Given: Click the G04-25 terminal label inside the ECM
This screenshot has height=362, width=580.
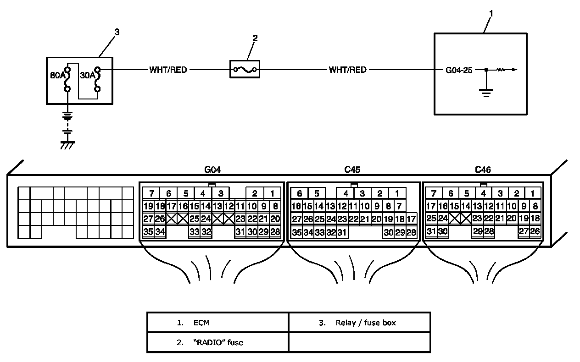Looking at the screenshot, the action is (459, 70).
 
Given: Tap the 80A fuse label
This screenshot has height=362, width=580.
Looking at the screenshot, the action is (57, 75).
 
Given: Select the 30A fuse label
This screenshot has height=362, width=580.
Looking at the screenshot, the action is (87, 75).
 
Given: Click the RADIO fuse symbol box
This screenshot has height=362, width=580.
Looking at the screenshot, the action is (245, 69).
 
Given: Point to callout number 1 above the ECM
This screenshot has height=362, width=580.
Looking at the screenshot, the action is (491, 13).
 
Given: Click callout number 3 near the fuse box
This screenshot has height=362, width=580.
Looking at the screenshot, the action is (117, 32).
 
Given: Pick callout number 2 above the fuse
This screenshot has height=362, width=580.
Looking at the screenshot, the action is (255, 38).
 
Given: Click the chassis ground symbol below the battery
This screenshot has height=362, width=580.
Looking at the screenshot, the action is (67, 145).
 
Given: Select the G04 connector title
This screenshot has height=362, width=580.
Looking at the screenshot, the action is (212, 170).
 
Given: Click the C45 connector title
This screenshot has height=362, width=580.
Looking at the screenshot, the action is (352, 170).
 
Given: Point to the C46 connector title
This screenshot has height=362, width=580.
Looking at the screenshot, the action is (483, 170).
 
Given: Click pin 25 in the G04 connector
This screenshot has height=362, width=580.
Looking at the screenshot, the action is (194, 219).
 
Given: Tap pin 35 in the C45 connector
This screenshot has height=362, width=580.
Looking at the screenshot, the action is (297, 232).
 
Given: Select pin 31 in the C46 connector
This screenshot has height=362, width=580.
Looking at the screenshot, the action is (431, 231).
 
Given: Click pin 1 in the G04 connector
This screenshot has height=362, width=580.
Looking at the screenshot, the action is (272, 193).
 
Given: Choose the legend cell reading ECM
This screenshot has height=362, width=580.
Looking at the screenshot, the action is (217, 323).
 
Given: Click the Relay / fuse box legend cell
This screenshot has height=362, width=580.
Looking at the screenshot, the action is (359, 323).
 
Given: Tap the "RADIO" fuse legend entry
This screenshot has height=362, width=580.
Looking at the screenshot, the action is (217, 342).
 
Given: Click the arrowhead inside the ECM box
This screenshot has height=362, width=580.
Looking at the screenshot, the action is (515, 70).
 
